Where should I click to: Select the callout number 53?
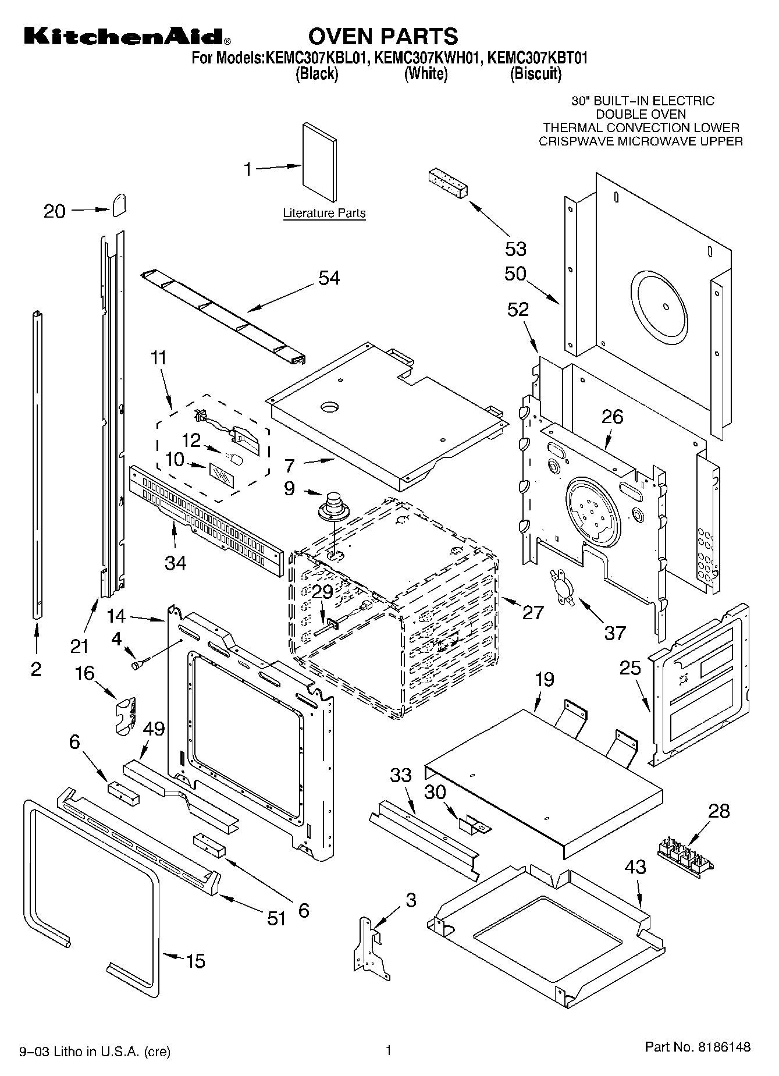click(x=515, y=249)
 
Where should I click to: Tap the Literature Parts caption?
click(x=324, y=214)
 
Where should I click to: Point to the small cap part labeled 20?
click(x=118, y=205)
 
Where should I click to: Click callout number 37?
click(x=614, y=633)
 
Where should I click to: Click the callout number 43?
click(x=635, y=867)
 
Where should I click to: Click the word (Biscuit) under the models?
click(x=535, y=74)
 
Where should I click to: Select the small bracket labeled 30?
click(x=475, y=823)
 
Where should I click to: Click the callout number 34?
click(x=175, y=563)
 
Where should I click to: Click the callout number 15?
click(x=195, y=961)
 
